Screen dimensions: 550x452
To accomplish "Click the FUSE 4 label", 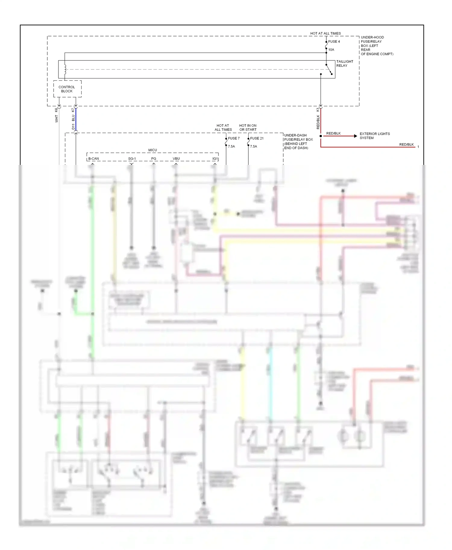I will click(x=334, y=42).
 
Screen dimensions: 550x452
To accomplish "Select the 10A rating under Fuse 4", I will click(x=331, y=50).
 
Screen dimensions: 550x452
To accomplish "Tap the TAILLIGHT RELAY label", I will click(x=344, y=63).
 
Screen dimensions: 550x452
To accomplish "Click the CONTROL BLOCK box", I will click(x=67, y=89).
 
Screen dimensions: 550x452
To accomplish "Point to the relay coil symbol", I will click(x=65, y=70).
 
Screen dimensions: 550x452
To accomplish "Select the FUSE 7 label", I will click(x=234, y=138).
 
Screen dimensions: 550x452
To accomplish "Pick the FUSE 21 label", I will click(x=257, y=138).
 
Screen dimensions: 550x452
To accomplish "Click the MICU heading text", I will click(x=152, y=150).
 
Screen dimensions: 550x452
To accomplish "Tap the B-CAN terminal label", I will click(x=93, y=159).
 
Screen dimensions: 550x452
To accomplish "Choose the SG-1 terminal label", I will click(x=132, y=159).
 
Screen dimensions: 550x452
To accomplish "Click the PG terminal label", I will click(x=154, y=159).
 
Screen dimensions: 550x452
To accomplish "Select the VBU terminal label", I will click(x=176, y=159).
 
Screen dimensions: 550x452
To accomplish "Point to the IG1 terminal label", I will click(x=215, y=159).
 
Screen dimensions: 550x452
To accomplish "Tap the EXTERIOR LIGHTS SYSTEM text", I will click(x=375, y=136).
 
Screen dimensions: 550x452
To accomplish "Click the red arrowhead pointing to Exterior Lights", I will click(x=356, y=136).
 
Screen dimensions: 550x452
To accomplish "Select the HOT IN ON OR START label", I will click(x=248, y=128).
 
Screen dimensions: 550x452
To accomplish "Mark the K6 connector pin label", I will click(x=56, y=110).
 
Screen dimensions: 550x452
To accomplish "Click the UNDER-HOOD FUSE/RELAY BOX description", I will click(x=377, y=46).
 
